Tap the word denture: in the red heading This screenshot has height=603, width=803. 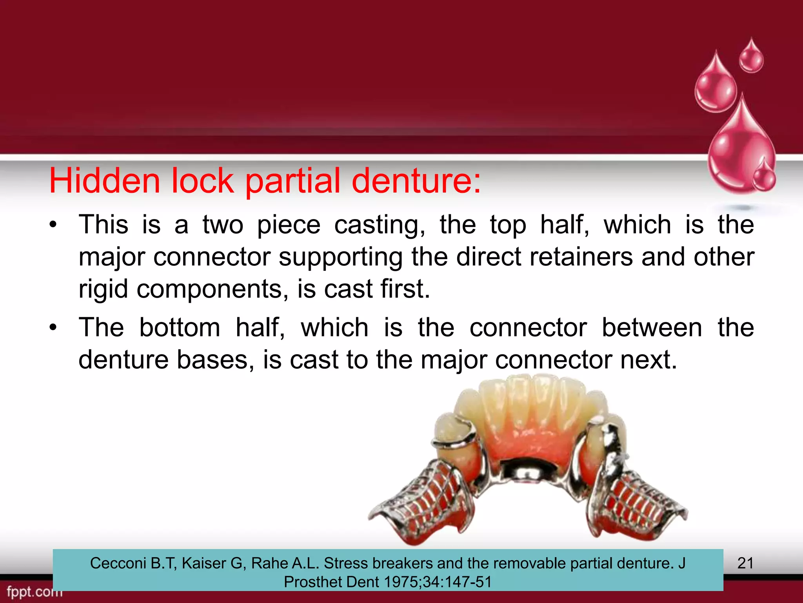pyautogui.click(x=416, y=181)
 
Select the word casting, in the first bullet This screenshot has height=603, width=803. pyautogui.click(x=380, y=225)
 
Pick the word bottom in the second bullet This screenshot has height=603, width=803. pyautogui.click(x=180, y=327)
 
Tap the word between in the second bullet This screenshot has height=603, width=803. pyautogui.click(x=652, y=327)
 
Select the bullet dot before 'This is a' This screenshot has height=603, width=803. pyautogui.click(x=53, y=225)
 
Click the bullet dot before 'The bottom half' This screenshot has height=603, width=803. pyautogui.click(x=53, y=327)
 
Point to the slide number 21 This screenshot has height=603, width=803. pyautogui.click(x=745, y=563)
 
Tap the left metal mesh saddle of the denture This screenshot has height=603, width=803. pyautogui.click(x=423, y=501)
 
